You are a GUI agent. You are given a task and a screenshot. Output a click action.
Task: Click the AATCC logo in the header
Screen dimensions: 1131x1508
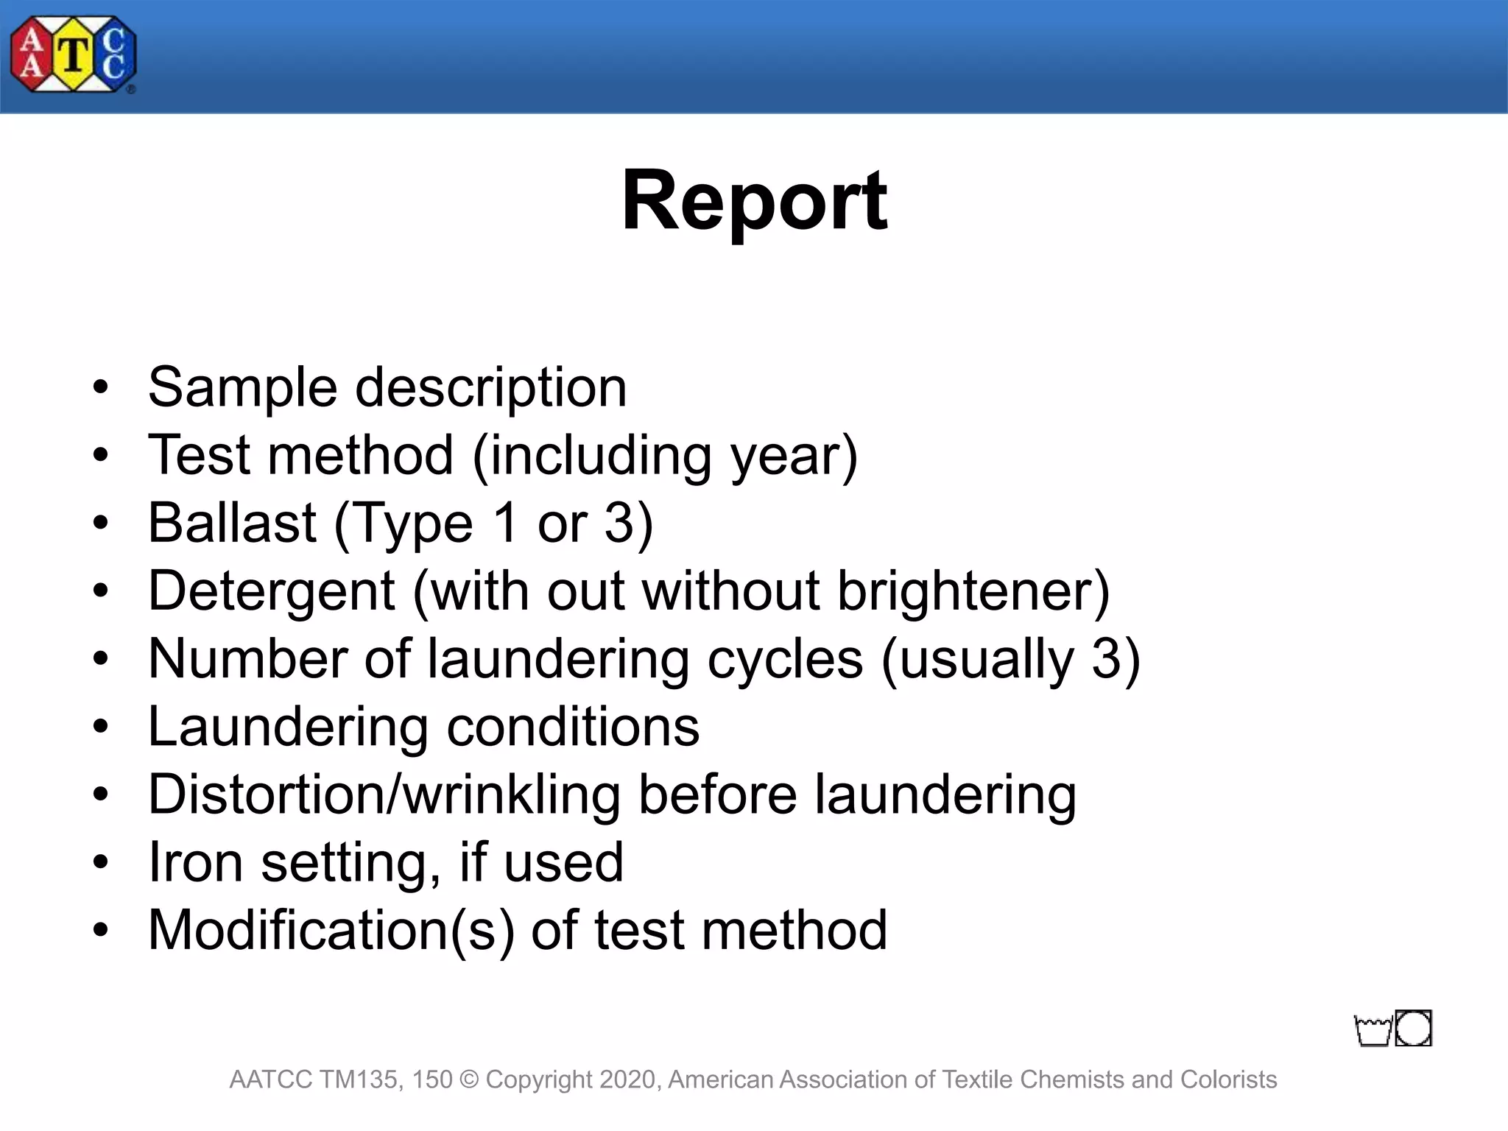coord(73,55)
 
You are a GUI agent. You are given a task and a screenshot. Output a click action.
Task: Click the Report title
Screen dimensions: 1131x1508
coord(754,200)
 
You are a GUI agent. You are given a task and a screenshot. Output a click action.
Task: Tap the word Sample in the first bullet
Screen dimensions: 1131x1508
coord(242,388)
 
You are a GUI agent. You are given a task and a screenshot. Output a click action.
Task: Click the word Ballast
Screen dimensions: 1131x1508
coord(232,523)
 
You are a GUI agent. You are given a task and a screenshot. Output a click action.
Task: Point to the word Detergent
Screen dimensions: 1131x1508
coord(272,592)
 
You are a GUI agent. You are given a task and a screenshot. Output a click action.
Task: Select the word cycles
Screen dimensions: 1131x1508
coord(785,660)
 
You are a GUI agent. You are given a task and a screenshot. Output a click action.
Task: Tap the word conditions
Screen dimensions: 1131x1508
coord(573,727)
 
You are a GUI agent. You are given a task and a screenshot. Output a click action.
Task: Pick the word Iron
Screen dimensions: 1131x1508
coord(195,862)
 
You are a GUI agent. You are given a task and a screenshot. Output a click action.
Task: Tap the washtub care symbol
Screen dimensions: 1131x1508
coord(1373,1031)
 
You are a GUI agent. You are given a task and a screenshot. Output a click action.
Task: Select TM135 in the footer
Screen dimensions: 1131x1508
coord(360,1079)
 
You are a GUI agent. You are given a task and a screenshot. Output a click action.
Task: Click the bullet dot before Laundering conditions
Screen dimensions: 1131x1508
coord(101,727)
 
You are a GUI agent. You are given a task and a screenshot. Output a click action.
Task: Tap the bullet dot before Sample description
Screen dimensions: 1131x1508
coord(101,388)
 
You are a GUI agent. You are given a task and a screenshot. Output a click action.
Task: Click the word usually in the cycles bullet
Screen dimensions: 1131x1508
coord(986,660)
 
